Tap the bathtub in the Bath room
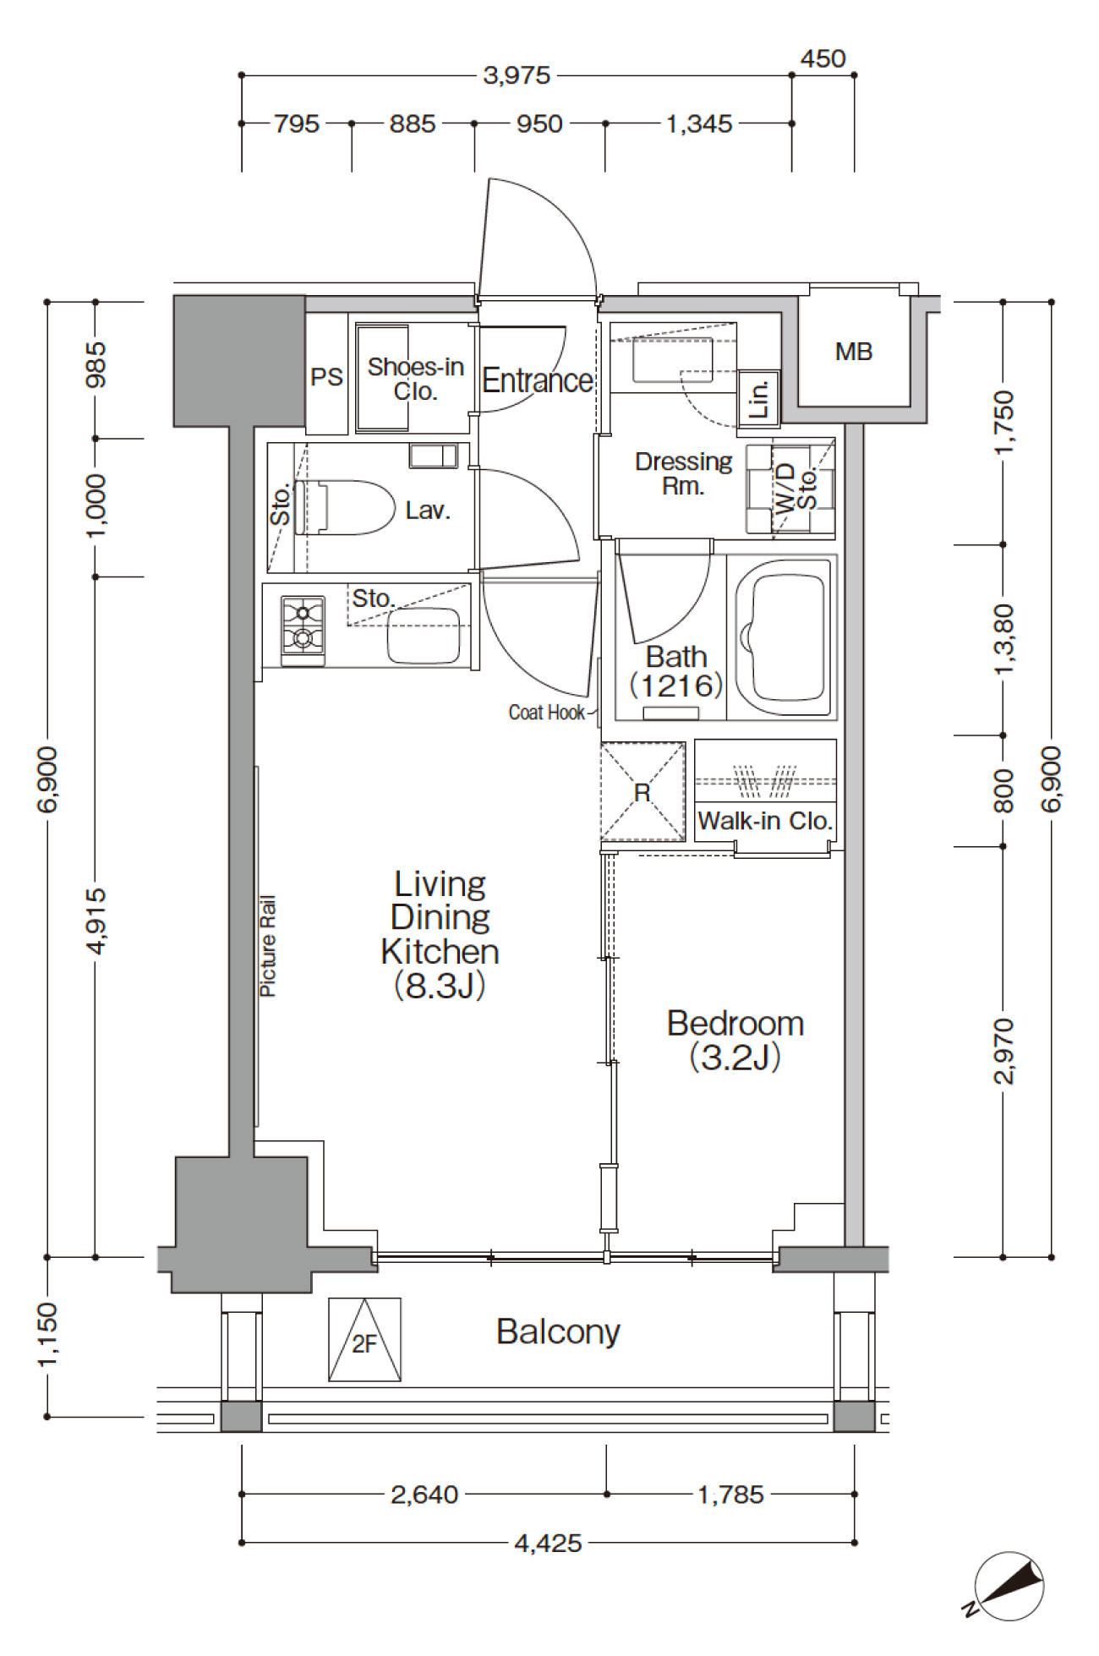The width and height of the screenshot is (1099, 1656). coord(780,637)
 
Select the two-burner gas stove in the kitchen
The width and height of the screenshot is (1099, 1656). coord(303,625)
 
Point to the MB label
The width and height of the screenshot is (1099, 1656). coord(853,352)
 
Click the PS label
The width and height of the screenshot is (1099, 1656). coord(327,377)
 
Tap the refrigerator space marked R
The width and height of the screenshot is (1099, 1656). coord(642,792)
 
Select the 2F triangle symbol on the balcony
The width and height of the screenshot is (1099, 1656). coord(364,1340)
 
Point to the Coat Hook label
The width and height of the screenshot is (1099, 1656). coord(546,713)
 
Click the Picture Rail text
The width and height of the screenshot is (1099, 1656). coord(267,946)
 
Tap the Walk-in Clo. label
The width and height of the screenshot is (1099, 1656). coord(765,821)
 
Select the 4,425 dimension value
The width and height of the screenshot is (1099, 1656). coord(548,1544)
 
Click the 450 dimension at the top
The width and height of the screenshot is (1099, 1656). coord(823,58)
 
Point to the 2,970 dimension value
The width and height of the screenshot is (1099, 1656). coord(1003,1052)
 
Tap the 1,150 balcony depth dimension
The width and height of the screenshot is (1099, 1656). coord(47,1335)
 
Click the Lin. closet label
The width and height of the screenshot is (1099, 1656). coord(759,398)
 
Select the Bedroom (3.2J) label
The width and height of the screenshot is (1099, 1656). coord(735,1040)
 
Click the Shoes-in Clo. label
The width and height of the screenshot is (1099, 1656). coord(415,379)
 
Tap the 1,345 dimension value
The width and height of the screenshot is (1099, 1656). coord(699,124)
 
